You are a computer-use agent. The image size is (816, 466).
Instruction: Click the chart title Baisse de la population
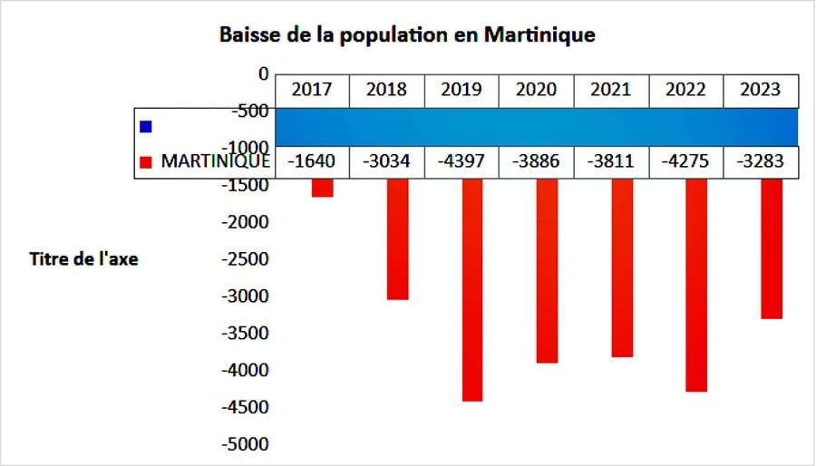[x=407, y=35]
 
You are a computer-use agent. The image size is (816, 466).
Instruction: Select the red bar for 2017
[x=322, y=187]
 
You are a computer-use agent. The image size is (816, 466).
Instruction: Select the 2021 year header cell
[x=611, y=90]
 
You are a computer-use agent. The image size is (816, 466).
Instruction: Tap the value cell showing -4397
[x=461, y=161]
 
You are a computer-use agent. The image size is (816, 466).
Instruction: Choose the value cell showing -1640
[x=311, y=161]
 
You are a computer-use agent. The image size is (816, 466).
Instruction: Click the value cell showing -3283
[x=761, y=161]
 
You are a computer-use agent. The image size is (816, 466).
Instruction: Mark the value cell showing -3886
[x=536, y=161]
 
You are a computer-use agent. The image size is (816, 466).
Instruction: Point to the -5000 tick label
[x=245, y=444]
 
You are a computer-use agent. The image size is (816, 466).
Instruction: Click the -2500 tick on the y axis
[x=245, y=258]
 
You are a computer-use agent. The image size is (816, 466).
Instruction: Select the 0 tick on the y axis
[x=263, y=73]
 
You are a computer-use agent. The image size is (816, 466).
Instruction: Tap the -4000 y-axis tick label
[x=245, y=370]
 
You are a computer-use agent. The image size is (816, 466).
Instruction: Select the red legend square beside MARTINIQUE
[x=145, y=162]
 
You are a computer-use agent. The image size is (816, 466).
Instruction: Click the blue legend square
[x=145, y=126]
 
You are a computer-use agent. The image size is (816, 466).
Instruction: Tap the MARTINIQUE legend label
[x=215, y=161]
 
